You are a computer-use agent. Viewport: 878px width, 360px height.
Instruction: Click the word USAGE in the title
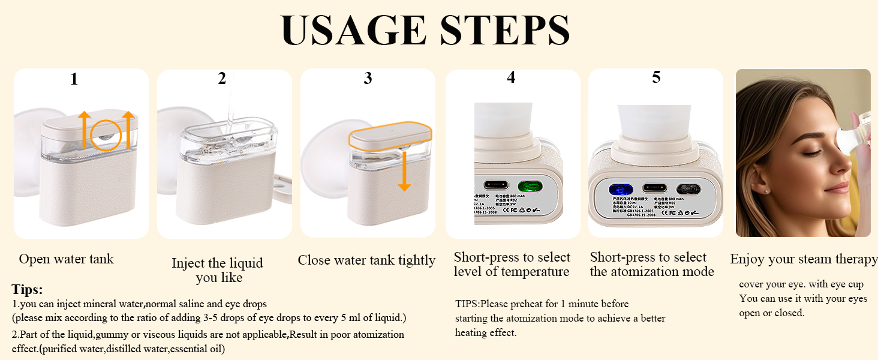click(354, 30)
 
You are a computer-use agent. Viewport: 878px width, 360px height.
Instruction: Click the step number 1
click(74, 79)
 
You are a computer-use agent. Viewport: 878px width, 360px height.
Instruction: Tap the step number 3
click(368, 78)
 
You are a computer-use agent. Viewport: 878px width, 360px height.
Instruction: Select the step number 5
click(656, 77)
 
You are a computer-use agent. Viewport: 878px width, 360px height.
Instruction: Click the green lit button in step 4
click(530, 186)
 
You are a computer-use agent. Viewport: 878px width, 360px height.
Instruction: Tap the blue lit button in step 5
click(620, 189)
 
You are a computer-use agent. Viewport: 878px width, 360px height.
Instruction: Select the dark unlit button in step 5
click(688, 189)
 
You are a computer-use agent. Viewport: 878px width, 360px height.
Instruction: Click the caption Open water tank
click(66, 259)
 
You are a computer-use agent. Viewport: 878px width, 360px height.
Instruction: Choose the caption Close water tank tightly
click(366, 260)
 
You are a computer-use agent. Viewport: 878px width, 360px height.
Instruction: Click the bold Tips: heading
click(27, 289)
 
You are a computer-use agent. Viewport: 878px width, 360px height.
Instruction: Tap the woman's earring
click(768, 190)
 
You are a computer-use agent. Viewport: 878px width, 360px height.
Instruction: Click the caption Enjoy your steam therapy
click(803, 259)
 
